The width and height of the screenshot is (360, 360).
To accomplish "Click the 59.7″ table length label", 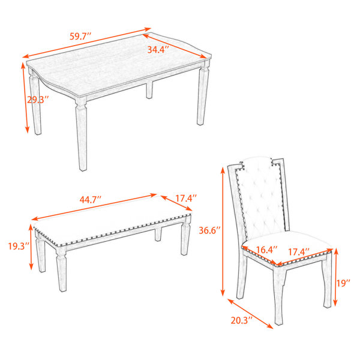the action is click(80, 36).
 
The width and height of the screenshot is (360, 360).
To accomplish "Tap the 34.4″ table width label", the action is click(158, 50).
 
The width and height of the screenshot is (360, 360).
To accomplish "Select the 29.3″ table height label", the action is click(38, 100).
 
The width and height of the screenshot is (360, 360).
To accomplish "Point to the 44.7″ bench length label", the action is click(91, 200).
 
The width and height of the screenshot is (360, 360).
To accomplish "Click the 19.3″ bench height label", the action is click(19, 247).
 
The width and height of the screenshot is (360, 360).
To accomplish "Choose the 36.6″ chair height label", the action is click(209, 230).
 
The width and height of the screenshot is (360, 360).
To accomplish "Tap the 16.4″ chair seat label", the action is click(267, 250).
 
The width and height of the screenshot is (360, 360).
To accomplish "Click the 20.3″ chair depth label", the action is click(242, 320).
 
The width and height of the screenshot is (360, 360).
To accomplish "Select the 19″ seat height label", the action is click(343, 283).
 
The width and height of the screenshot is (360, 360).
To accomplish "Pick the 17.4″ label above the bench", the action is click(186, 198).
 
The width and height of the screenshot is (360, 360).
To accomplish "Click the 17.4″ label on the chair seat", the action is click(299, 252).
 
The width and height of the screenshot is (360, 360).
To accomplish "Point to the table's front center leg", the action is click(82, 134).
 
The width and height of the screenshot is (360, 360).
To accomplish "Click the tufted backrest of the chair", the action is click(262, 197).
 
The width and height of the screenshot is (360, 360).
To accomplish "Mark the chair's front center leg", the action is click(280, 295).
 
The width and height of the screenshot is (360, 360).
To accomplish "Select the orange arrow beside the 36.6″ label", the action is click(222, 232).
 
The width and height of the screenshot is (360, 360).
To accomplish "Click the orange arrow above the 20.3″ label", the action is click(250, 314).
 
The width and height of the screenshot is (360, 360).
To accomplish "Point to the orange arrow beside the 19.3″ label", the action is click(31, 247).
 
